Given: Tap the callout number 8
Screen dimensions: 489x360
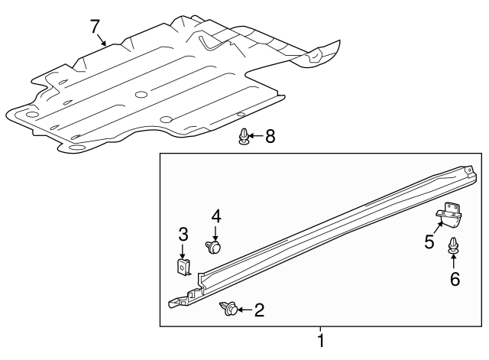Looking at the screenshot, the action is click(x=270, y=136).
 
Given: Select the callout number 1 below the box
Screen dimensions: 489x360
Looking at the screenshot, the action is click(x=321, y=341).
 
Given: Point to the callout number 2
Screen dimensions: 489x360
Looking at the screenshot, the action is click(x=259, y=310).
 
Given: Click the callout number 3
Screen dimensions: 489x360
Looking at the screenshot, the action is click(x=183, y=235).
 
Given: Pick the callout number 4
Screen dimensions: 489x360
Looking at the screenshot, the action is click(x=216, y=216).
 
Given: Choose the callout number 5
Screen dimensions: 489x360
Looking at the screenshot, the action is click(x=429, y=242).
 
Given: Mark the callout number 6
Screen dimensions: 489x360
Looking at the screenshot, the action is click(x=455, y=279).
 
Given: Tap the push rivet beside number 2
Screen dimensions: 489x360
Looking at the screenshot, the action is click(x=228, y=309).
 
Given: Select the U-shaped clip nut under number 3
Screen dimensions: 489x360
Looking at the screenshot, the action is click(x=183, y=267).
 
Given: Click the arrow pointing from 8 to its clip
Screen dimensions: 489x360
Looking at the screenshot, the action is click(x=256, y=136).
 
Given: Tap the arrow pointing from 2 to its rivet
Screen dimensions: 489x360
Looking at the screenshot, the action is click(x=245, y=310).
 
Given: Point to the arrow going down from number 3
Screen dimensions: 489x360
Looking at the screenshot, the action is click(x=183, y=251).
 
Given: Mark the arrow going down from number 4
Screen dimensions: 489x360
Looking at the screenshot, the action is click(x=215, y=233).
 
